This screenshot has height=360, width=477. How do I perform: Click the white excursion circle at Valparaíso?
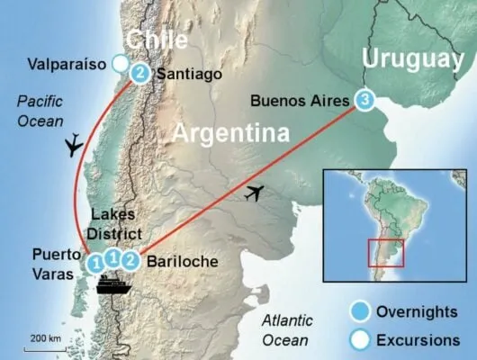click(120, 63)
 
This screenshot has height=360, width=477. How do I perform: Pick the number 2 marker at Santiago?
click(140, 71)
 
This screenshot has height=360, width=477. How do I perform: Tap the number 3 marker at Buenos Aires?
click(363, 100)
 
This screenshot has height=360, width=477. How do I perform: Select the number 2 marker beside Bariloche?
click(130, 260)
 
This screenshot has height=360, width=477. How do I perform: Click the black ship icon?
click(115, 285)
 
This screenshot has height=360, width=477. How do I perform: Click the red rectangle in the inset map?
click(386, 252)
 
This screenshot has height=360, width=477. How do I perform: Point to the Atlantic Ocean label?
click(285, 330)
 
